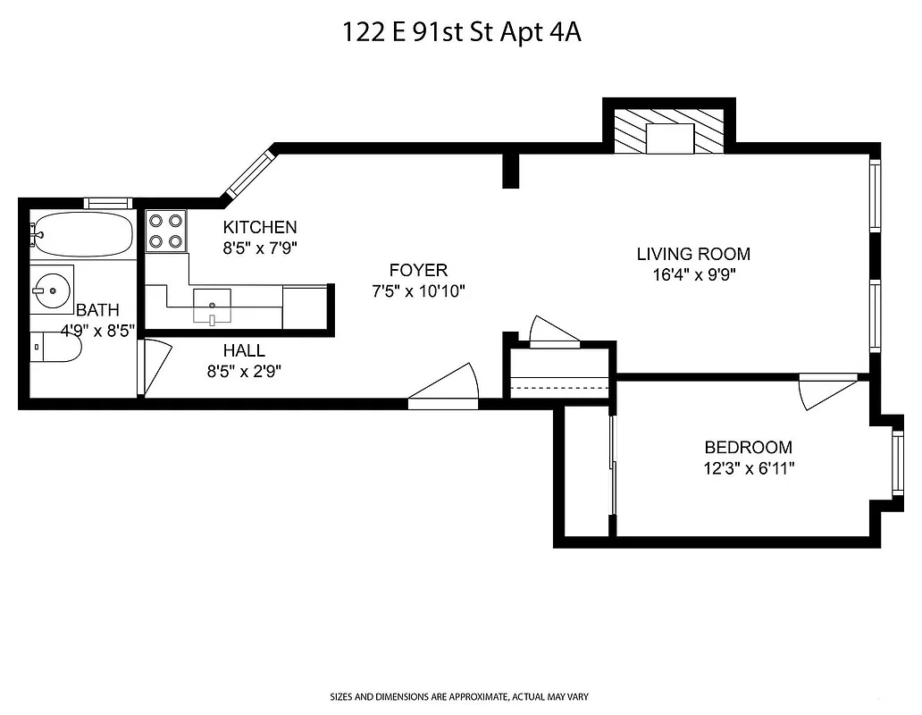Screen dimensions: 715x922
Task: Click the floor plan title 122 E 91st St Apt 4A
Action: [x=462, y=32]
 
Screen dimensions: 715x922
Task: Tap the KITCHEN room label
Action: [x=259, y=227]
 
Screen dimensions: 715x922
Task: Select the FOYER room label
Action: [x=418, y=270]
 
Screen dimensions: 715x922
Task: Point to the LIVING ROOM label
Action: [x=693, y=254]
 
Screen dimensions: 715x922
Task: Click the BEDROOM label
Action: [x=748, y=448]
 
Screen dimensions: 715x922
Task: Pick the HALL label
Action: [x=244, y=351]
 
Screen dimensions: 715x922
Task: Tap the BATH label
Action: [x=97, y=310]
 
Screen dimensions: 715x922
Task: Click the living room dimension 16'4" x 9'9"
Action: [x=693, y=274]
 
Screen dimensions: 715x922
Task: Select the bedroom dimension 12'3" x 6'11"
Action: [x=749, y=467]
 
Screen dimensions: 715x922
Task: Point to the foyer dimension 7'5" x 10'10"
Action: [x=419, y=290]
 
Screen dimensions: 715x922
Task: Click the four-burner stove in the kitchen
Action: [x=165, y=231]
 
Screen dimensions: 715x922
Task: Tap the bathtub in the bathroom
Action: [x=81, y=234]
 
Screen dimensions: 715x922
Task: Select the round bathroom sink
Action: [x=51, y=288]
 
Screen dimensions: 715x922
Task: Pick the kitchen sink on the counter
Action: [x=213, y=305]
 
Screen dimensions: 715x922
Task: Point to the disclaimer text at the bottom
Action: [x=459, y=696]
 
